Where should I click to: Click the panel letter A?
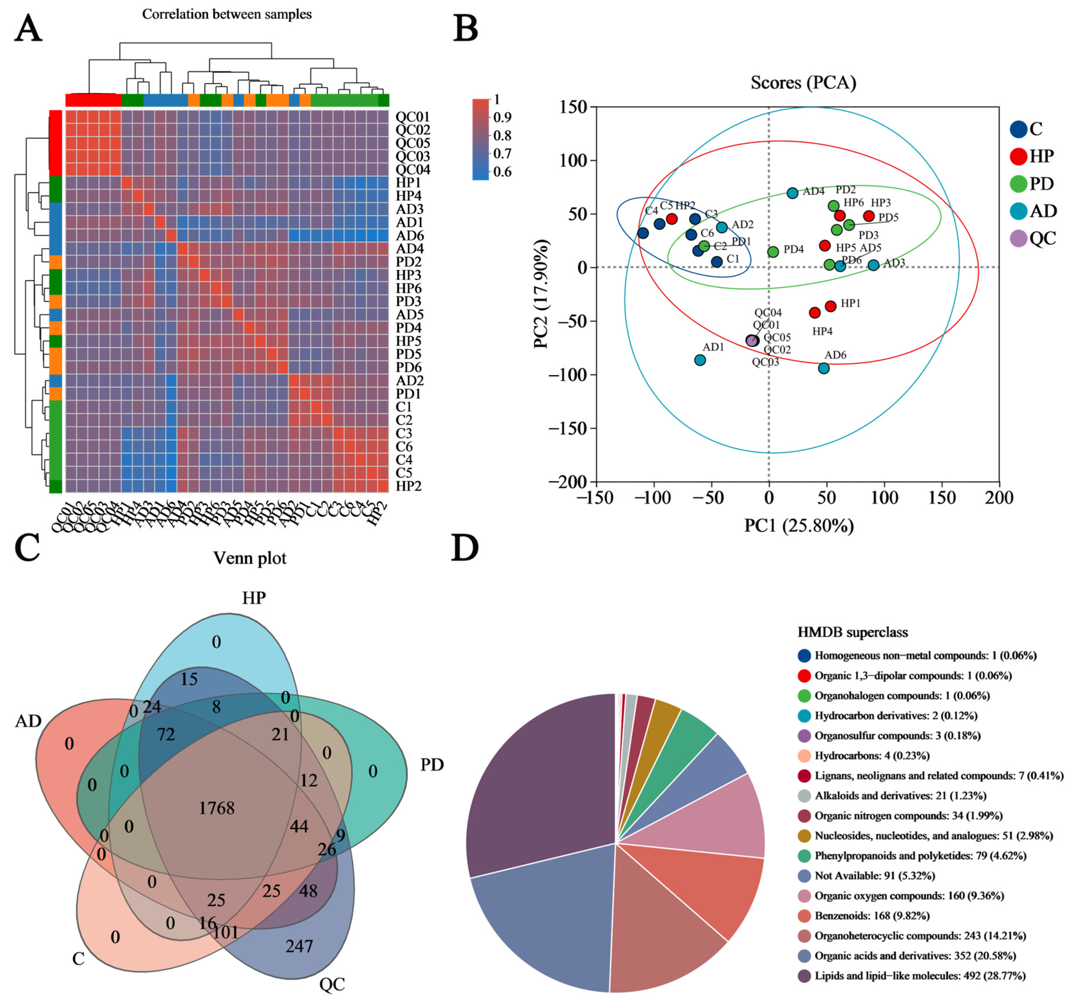coord(28,28)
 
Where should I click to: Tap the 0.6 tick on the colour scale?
coord(501,172)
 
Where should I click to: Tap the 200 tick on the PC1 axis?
coord(998,497)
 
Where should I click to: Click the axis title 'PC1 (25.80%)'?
coord(798,525)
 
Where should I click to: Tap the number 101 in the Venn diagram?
coord(225,932)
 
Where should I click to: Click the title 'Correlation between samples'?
coord(227,14)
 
